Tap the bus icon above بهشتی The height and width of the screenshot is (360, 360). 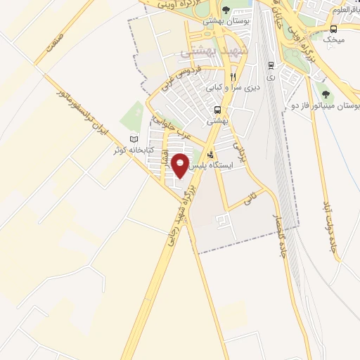click(219, 110)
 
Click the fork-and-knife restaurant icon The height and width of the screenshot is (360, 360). click(233, 77)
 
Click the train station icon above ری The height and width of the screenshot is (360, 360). click(271, 65)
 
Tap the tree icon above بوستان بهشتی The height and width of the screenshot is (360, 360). click(226, 10)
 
